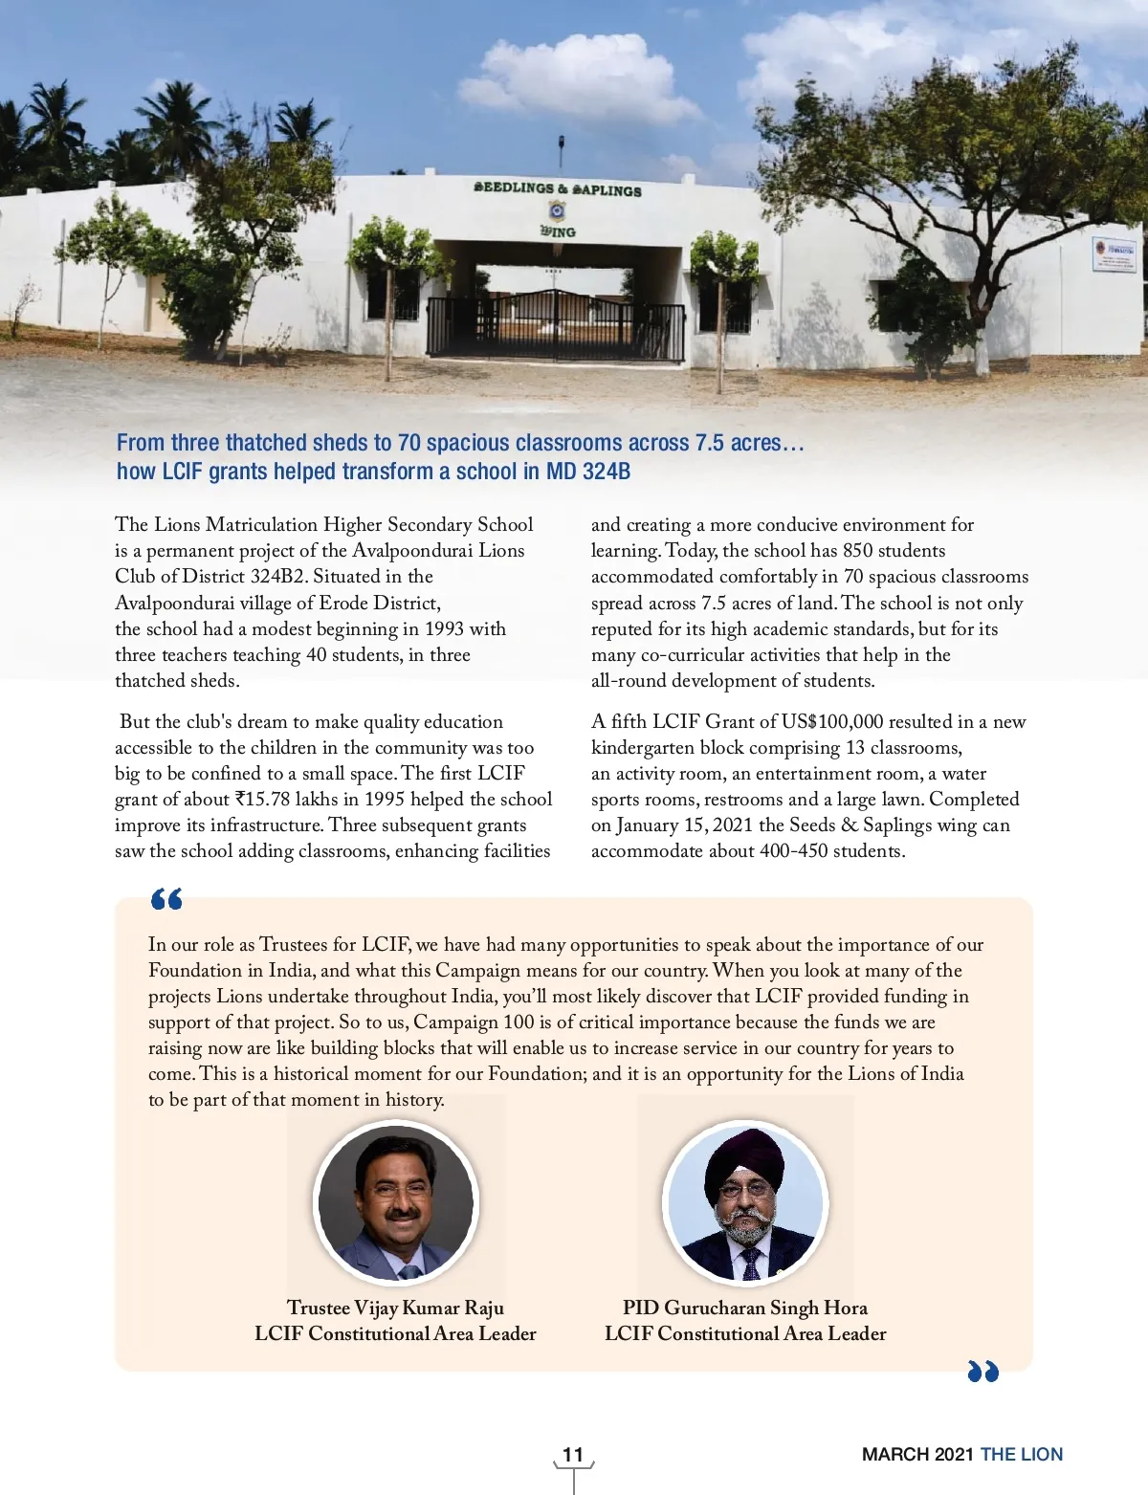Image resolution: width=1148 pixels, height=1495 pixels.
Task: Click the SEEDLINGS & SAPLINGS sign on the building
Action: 558,188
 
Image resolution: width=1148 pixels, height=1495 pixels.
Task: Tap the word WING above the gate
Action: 558,231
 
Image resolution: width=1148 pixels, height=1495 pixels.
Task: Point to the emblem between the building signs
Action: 557,210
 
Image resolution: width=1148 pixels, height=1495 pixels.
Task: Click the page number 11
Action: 573,1454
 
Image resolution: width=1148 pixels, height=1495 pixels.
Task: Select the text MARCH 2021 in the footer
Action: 917,1454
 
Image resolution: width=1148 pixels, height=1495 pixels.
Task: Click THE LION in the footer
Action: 1022,1454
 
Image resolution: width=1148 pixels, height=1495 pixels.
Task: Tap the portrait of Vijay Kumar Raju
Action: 396,1202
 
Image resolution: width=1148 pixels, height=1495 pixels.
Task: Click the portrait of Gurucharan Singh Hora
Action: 745,1202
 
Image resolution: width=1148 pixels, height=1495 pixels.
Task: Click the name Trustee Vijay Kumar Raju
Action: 395,1308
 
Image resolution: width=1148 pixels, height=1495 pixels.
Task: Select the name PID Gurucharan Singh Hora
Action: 745,1308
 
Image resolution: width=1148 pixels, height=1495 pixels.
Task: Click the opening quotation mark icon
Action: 166,899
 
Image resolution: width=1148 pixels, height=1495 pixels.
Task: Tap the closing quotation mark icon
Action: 982,1372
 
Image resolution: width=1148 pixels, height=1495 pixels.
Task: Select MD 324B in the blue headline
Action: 588,472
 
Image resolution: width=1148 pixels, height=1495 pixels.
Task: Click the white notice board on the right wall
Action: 1114,253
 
